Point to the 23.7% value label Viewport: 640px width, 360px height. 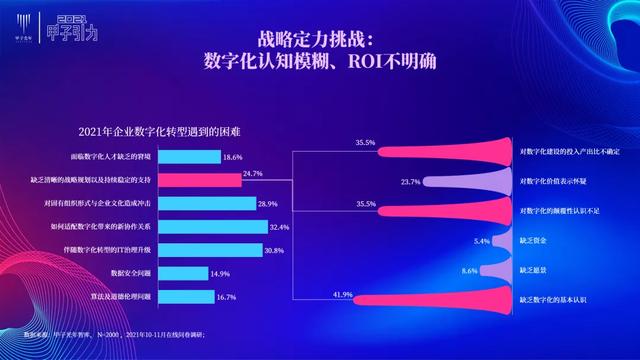pyautogui.click(x=410, y=182)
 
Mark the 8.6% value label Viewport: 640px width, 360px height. pyautogui.click(x=469, y=270)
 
